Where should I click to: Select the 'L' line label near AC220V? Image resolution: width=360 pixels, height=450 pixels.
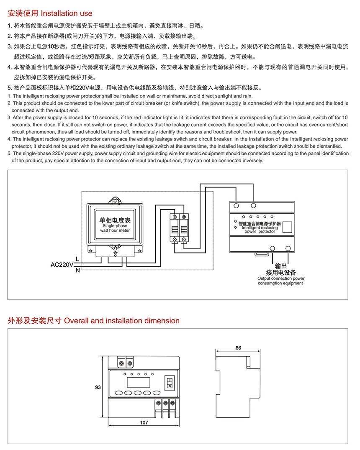pyautogui.click(x=77, y=259)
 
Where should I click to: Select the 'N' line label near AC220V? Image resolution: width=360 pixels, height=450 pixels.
pyautogui.click(x=77, y=270)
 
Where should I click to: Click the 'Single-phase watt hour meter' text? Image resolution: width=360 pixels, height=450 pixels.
pyautogui.click(x=115, y=228)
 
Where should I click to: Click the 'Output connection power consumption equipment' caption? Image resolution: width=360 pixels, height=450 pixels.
pyautogui.click(x=280, y=281)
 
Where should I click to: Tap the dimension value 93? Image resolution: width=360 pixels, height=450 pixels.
pyautogui.click(x=98, y=387)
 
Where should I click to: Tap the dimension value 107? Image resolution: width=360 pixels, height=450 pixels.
pyautogui.click(x=144, y=422)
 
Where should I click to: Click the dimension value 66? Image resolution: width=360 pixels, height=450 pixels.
pyautogui.click(x=238, y=348)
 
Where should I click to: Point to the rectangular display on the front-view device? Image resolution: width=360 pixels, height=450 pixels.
pyautogui.click(x=139, y=381)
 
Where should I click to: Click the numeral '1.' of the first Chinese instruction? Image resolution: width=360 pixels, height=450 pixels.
pyautogui.click(x=10, y=25)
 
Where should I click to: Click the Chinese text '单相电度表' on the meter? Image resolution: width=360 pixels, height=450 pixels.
pyautogui.click(x=115, y=220)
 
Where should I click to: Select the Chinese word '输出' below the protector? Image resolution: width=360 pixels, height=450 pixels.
pyautogui.click(x=281, y=266)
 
